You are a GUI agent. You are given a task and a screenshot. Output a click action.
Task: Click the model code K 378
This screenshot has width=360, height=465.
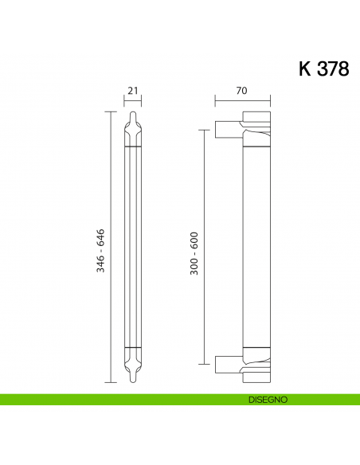tap(323, 68)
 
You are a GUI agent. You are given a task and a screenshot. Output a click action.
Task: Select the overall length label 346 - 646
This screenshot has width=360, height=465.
tap(101, 248)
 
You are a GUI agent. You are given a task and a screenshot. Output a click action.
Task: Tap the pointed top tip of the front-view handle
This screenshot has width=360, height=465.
tap(133, 115)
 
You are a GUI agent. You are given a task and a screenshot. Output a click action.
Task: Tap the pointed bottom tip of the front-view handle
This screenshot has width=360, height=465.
tap(133, 381)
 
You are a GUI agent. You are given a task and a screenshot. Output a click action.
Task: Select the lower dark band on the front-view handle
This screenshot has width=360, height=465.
tap(133, 349)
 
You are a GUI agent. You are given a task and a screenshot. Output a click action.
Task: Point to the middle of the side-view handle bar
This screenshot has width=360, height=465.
tap(256, 248)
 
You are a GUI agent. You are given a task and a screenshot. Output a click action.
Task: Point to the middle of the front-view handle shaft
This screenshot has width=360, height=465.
tap(133, 248)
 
